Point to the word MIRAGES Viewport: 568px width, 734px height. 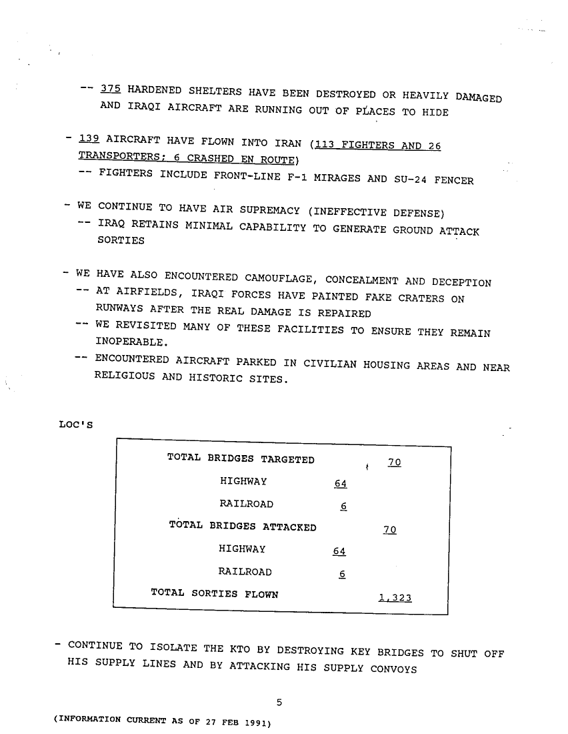click(333, 178)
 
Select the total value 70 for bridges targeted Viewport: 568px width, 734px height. click(393, 463)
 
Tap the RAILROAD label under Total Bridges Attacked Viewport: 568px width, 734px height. click(245, 572)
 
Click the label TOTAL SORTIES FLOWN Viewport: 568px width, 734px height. click(215, 593)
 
